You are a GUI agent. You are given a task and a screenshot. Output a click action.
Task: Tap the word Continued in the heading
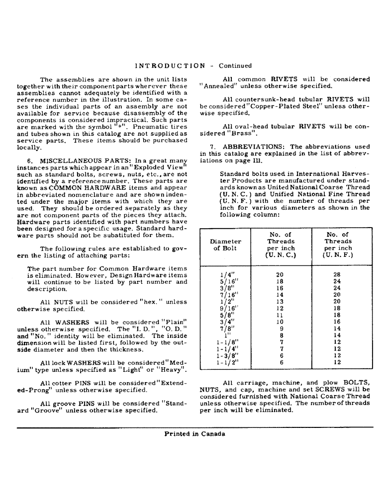point(235,66)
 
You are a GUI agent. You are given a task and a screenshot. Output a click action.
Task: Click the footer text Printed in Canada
point(195,434)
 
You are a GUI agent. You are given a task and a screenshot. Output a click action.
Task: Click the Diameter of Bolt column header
point(225,245)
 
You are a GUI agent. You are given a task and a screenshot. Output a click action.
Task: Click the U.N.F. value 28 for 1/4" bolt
point(337,273)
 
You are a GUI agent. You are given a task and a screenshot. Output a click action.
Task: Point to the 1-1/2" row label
point(227,362)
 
